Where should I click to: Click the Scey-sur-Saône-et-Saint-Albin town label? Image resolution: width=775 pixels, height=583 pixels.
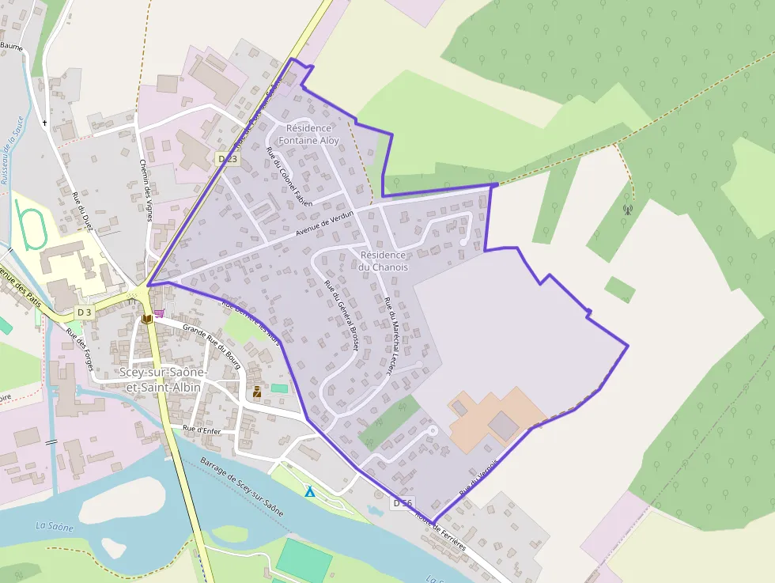click(164, 380)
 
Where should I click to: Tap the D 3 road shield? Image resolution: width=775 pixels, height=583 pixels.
click(85, 312)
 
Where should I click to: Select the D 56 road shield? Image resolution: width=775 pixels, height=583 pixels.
click(403, 503)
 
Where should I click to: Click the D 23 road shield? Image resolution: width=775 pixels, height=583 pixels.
click(227, 159)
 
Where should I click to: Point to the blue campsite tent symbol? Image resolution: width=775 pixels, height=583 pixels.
click(310, 492)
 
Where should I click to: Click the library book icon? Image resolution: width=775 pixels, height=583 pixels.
click(146, 319)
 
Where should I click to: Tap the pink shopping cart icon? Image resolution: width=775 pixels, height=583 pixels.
click(159, 313)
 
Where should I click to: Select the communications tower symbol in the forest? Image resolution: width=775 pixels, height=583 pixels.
click(628, 210)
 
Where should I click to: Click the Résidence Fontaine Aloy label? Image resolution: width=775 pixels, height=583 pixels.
click(308, 134)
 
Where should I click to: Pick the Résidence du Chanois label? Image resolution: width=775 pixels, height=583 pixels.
click(383, 261)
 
